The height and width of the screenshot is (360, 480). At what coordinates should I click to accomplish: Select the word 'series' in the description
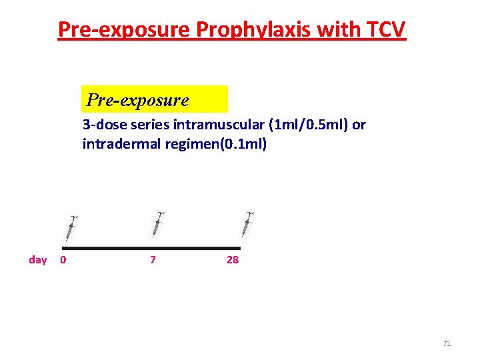(x=148, y=125)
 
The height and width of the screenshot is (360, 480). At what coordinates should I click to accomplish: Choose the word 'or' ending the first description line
(x=359, y=125)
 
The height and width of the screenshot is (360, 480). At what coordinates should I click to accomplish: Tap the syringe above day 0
(x=70, y=228)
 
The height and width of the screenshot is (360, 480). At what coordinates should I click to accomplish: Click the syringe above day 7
(x=157, y=224)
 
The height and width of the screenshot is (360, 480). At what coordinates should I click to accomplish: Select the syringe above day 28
(x=247, y=224)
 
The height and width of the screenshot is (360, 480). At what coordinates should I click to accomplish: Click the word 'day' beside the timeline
(x=38, y=260)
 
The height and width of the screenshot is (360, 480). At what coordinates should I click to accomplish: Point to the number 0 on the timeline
(x=63, y=260)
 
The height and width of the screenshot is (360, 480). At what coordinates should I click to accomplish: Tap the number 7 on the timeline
(x=153, y=260)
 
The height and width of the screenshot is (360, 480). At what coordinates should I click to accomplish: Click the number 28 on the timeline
(x=232, y=260)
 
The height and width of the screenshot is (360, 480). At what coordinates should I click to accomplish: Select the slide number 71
(x=447, y=343)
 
